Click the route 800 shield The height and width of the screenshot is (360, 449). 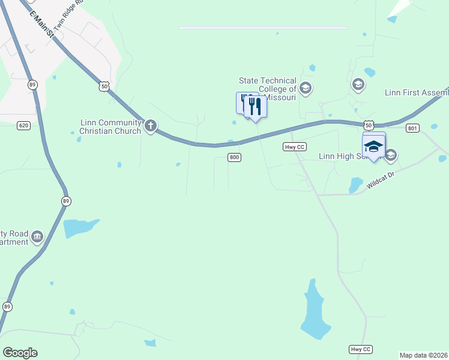pyautogui.click(x=234, y=157)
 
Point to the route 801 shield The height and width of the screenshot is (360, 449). pyautogui.click(x=412, y=128)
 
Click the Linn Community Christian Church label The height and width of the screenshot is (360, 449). pyautogui.click(x=110, y=127)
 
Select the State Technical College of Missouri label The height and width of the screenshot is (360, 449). pyautogui.click(x=268, y=89)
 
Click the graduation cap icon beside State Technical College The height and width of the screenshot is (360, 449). pyautogui.click(x=305, y=89)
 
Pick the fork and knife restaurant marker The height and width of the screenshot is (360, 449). pyautogui.click(x=255, y=107)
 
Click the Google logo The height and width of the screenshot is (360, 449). pyautogui.click(x=20, y=353)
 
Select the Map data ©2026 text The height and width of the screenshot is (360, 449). pyautogui.click(x=424, y=355)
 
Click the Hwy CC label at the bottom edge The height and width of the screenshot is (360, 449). pyautogui.click(x=360, y=349)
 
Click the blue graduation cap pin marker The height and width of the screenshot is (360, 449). pyautogui.click(x=373, y=146)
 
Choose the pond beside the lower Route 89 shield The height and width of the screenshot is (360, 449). pyautogui.click(x=78, y=227)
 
